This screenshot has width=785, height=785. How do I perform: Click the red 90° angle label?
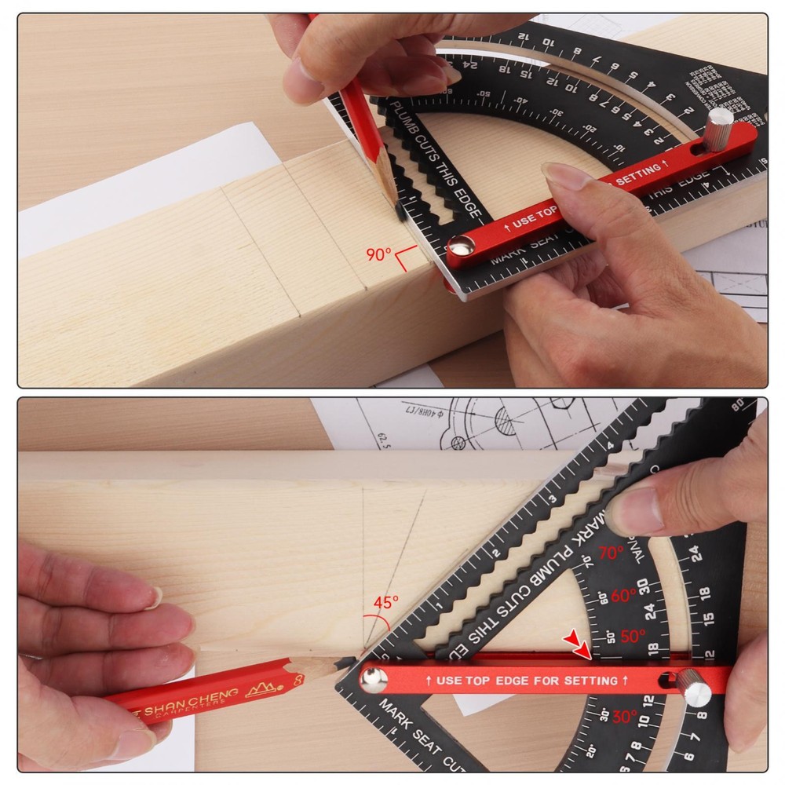click(379, 254)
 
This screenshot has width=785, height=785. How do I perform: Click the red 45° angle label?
click(385, 602)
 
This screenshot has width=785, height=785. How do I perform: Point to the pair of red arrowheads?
click(579, 646)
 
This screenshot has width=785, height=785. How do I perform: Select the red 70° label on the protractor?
click(612, 553)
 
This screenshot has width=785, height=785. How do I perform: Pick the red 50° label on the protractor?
click(632, 636)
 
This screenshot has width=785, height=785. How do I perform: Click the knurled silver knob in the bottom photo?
click(696, 691)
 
